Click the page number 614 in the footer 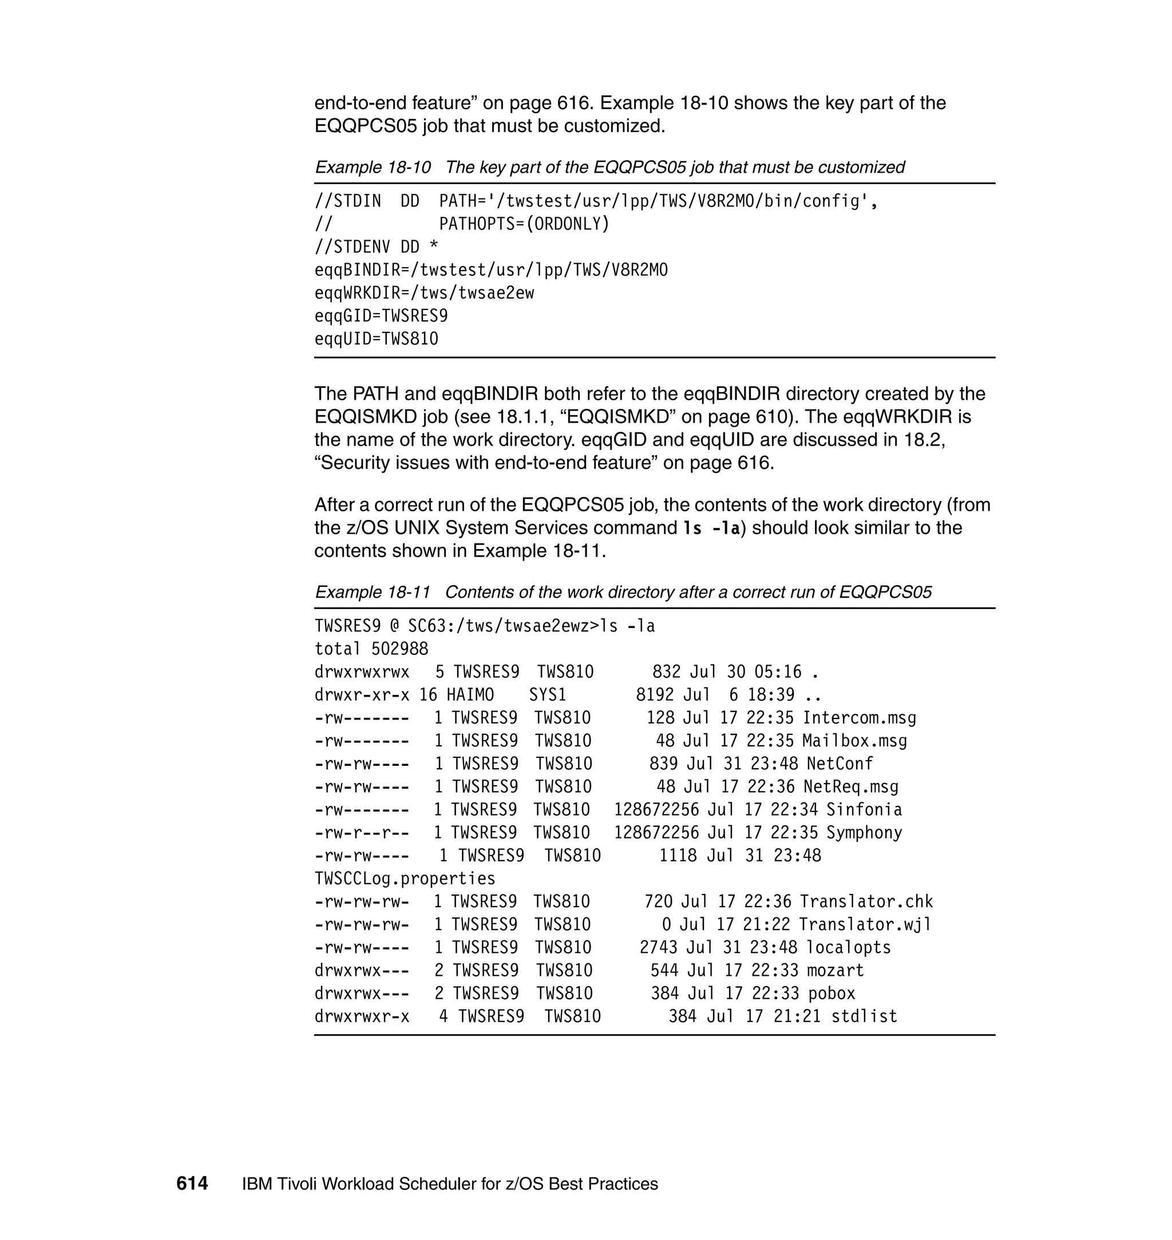click(192, 1184)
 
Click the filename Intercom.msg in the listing click(859, 718)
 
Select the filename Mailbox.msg click(854, 741)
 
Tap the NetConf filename click(839, 764)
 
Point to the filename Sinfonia click(864, 810)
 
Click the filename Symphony click(864, 833)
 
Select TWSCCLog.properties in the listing click(405, 879)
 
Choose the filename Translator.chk click(866, 901)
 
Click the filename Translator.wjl click(865, 925)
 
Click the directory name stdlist click(864, 1016)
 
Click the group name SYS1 click(547, 695)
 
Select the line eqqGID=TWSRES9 click(381, 316)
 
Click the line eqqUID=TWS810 click(376, 339)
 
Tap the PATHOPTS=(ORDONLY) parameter click(524, 224)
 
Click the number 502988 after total click(400, 649)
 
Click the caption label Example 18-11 click(373, 592)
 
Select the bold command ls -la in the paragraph click(711, 528)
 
